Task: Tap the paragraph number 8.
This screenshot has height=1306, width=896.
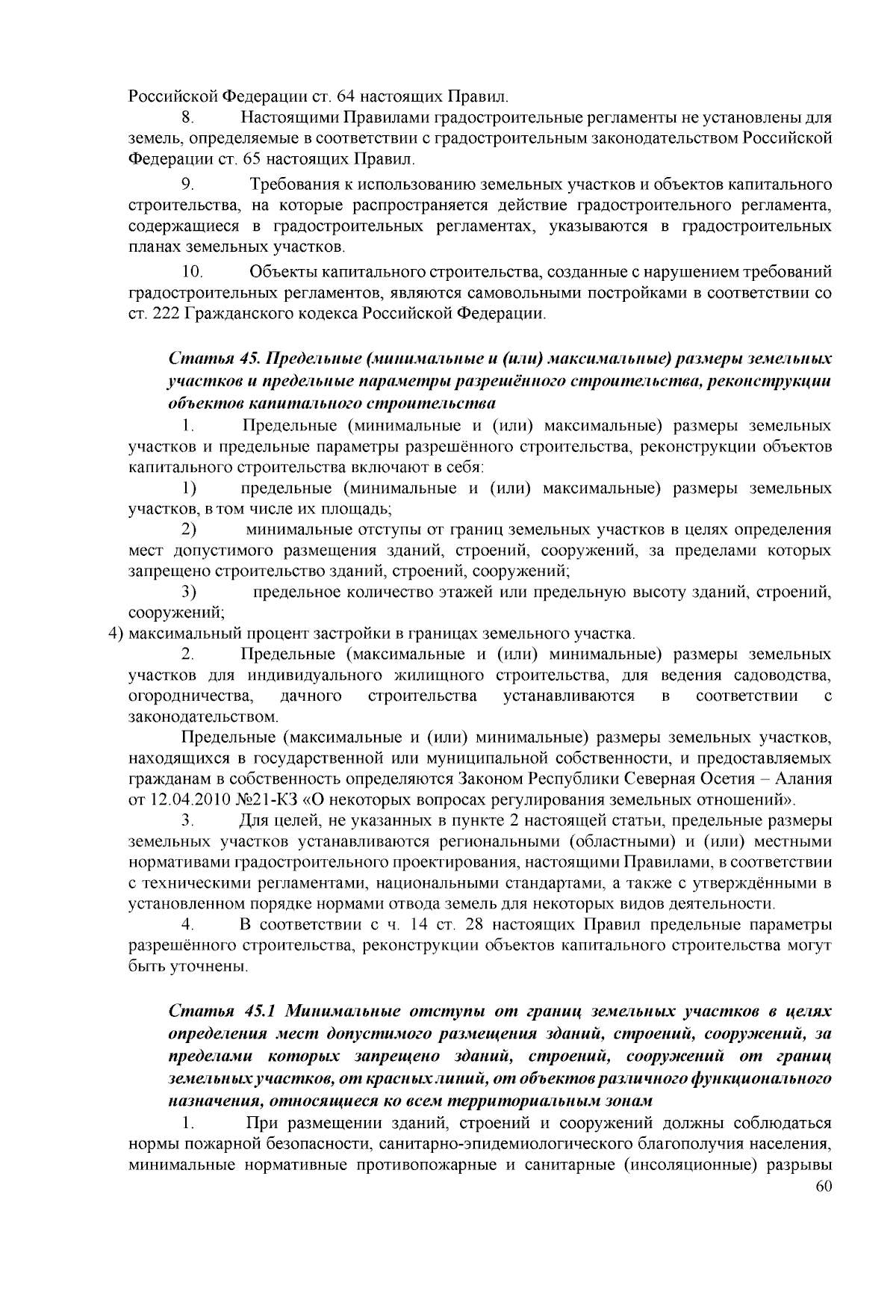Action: pos(187,118)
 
